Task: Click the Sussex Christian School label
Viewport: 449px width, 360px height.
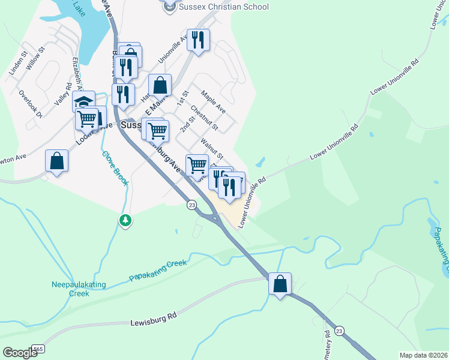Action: (222, 7)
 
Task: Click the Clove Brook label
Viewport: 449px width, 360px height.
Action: (115, 167)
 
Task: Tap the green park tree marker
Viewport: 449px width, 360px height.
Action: (125, 221)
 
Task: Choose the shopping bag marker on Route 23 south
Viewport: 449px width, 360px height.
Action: (280, 283)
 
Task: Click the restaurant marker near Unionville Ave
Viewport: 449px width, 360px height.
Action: (198, 40)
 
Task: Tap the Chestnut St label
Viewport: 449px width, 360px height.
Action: (205, 119)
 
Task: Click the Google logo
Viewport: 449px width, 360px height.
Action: (20, 353)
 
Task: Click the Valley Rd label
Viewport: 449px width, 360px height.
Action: (62, 95)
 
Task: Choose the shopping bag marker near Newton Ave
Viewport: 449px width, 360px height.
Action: (56, 161)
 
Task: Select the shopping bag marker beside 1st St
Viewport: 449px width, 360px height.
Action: (160, 85)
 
